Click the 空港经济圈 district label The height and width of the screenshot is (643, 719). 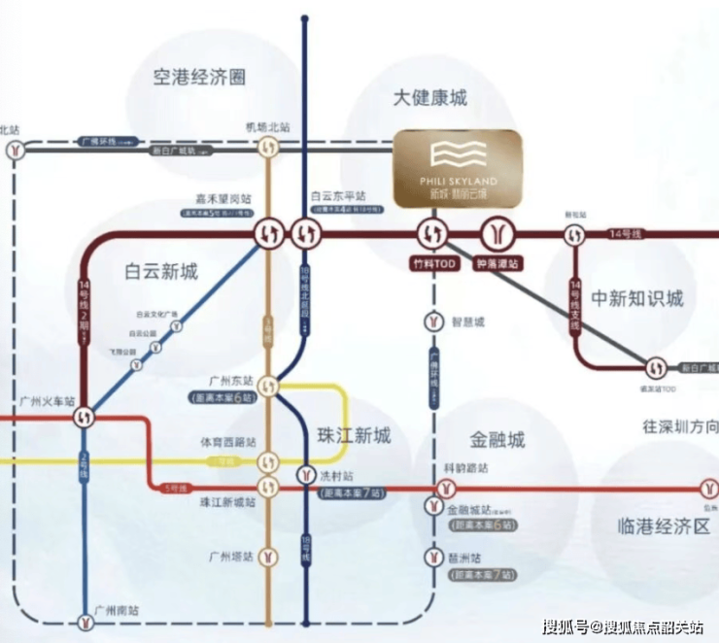[200, 76]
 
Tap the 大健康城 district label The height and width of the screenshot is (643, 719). [430, 98]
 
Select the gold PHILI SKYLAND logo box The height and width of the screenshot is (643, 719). [457, 168]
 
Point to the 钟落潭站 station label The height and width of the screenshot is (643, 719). [498, 263]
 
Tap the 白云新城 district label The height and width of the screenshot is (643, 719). [161, 271]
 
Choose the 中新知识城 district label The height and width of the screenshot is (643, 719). [638, 298]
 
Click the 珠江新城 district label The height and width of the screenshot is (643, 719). [354, 435]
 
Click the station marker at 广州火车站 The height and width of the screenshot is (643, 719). [85, 416]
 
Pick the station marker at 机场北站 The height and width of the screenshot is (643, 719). [269, 149]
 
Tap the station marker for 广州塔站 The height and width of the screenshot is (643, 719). [268, 558]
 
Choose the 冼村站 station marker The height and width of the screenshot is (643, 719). [305, 475]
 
